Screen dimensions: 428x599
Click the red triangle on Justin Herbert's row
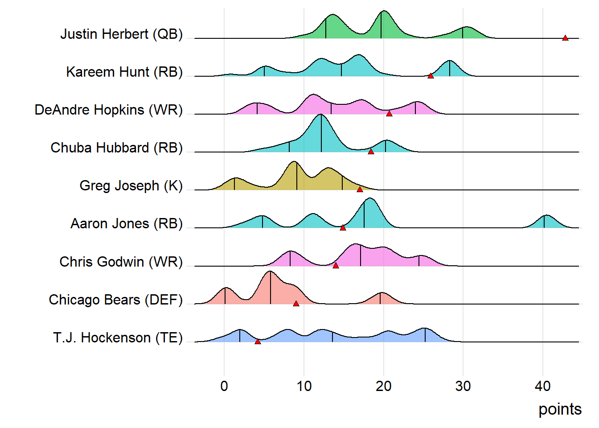pos(565,38)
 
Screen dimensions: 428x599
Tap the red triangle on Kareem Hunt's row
pos(431,76)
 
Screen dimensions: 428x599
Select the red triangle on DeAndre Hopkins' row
pos(389,114)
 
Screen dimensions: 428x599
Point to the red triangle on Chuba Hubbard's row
pos(371,152)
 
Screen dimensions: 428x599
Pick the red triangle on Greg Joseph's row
pos(360,189)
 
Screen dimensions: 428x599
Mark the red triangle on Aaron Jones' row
pos(343,227)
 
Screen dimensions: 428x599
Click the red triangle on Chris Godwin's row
pos(336,265)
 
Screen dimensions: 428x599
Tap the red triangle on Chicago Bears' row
pos(296,304)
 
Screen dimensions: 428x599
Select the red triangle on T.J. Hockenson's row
pos(258,342)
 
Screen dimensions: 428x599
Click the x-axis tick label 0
pos(224,386)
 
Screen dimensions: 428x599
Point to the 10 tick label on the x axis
pos(304,386)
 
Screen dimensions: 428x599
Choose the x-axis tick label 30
pos(463,386)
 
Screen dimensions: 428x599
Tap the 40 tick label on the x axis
pos(543,386)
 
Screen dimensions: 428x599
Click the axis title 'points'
pos(560,409)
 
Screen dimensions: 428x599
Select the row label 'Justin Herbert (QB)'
pos(121,34)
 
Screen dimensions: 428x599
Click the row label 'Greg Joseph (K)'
pos(131,185)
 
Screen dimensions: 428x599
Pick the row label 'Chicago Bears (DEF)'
pos(115,300)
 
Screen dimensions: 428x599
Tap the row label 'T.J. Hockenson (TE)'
pos(118,337)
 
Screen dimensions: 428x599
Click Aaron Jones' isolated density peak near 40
pos(546,221)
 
